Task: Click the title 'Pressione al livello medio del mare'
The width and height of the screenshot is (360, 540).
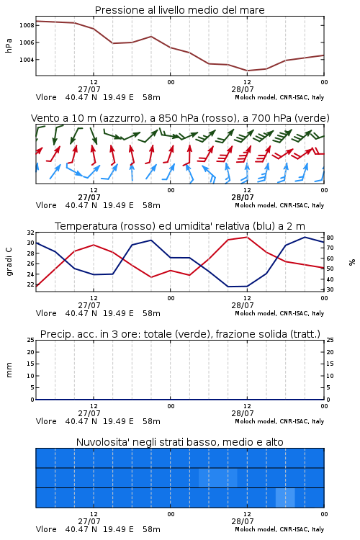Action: click(179, 10)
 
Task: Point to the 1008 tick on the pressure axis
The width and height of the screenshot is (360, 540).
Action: click(27, 25)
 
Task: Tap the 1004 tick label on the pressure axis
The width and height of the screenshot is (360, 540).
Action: click(27, 60)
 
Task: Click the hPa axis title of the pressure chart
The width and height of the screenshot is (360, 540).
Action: click(9, 45)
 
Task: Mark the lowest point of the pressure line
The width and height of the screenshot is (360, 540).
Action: click(247, 71)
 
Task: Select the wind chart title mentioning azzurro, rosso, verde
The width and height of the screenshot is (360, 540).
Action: click(180, 118)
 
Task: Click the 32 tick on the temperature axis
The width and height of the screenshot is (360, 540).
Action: click(31, 233)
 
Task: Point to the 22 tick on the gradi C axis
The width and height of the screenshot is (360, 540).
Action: click(31, 284)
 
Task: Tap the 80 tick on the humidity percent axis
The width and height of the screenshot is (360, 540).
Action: click(330, 238)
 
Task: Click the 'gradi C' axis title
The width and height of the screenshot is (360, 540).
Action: click(9, 262)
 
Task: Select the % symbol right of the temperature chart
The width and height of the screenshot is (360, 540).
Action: click(352, 262)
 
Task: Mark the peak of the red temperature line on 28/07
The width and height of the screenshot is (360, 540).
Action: click(247, 237)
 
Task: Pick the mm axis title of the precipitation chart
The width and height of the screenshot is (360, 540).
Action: click(9, 370)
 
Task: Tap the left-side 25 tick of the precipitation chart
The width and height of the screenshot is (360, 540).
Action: click(31, 340)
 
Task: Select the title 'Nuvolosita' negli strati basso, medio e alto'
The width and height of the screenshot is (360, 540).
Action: click(179, 442)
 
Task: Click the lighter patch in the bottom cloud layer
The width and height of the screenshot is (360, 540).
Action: click(285, 498)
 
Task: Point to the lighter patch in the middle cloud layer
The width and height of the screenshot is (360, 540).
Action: click(218, 477)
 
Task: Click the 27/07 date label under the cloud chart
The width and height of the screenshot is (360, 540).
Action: click(89, 521)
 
